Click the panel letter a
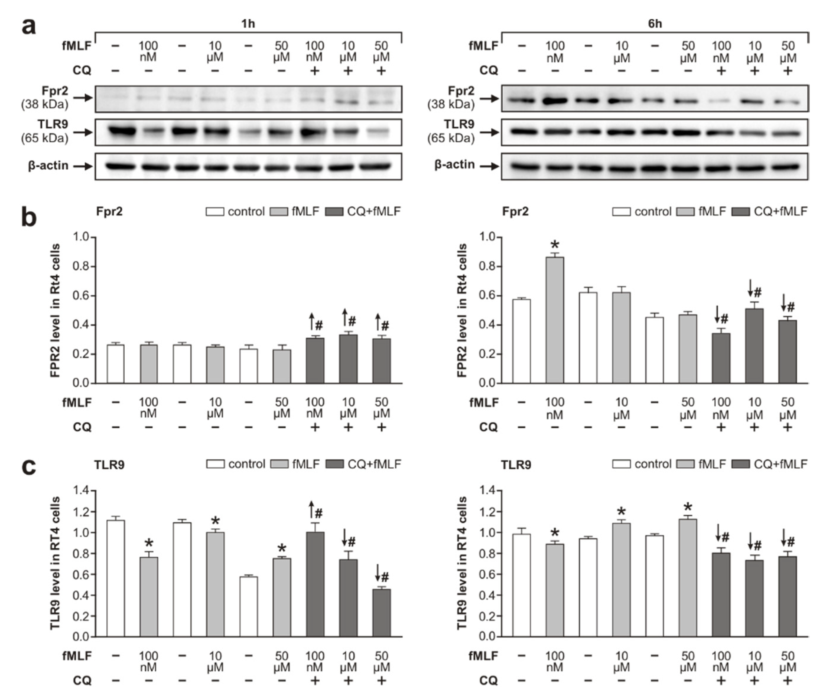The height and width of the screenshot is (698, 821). pyautogui.click(x=29, y=27)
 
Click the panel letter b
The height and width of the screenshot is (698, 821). pyautogui.click(x=29, y=218)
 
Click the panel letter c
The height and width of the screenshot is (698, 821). pyautogui.click(x=29, y=467)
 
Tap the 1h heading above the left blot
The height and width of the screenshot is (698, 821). pyautogui.click(x=248, y=24)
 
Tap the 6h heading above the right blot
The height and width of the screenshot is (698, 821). pyautogui.click(x=655, y=24)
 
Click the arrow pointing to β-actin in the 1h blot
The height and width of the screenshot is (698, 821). pyautogui.click(x=83, y=166)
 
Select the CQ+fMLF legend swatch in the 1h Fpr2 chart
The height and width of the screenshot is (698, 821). pyautogui.click(x=334, y=212)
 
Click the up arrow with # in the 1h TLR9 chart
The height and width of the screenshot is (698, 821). pyautogui.click(x=312, y=509)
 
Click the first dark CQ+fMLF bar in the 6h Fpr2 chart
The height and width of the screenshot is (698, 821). pyautogui.click(x=721, y=358)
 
